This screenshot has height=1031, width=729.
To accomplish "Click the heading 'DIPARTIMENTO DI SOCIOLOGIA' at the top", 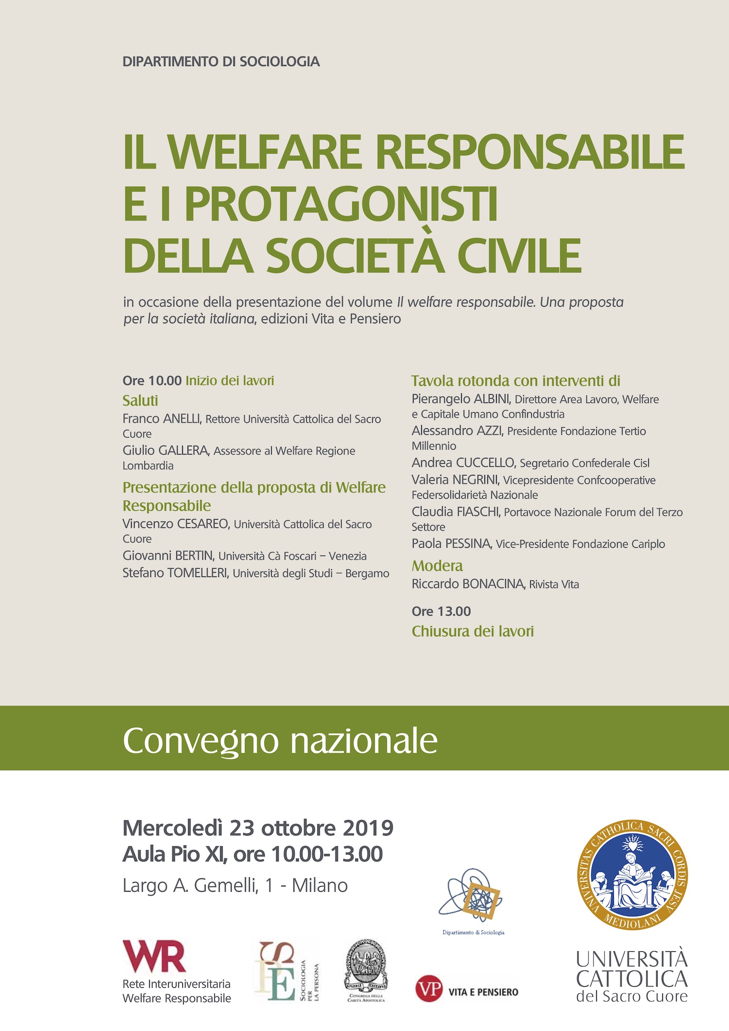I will pyautogui.click(x=221, y=62).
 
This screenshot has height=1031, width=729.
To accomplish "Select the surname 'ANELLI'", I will pyautogui.click(x=182, y=419).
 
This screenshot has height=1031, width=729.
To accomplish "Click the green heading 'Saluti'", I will pyautogui.click(x=140, y=401).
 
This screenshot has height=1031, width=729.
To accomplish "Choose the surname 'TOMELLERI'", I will pyautogui.click(x=197, y=573).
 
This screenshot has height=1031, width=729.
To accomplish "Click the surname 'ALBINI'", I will pyautogui.click(x=491, y=399).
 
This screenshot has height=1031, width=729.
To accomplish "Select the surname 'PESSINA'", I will pyautogui.click(x=469, y=544).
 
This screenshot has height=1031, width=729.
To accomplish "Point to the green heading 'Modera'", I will pyautogui.click(x=437, y=566).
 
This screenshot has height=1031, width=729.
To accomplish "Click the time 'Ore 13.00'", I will pyautogui.click(x=441, y=611).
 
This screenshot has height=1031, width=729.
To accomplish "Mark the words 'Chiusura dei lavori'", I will pyautogui.click(x=472, y=631).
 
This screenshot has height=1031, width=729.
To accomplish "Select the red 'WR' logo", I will pyautogui.click(x=154, y=956).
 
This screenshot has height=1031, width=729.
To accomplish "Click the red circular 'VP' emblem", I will pyautogui.click(x=429, y=989).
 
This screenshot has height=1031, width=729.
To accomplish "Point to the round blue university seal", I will pyautogui.click(x=632, y=875).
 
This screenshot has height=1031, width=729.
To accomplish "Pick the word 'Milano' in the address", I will pyautogui.click(x=319, y=886).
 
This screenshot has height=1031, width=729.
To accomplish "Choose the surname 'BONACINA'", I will pyautogui.click(x=493, y=584).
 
